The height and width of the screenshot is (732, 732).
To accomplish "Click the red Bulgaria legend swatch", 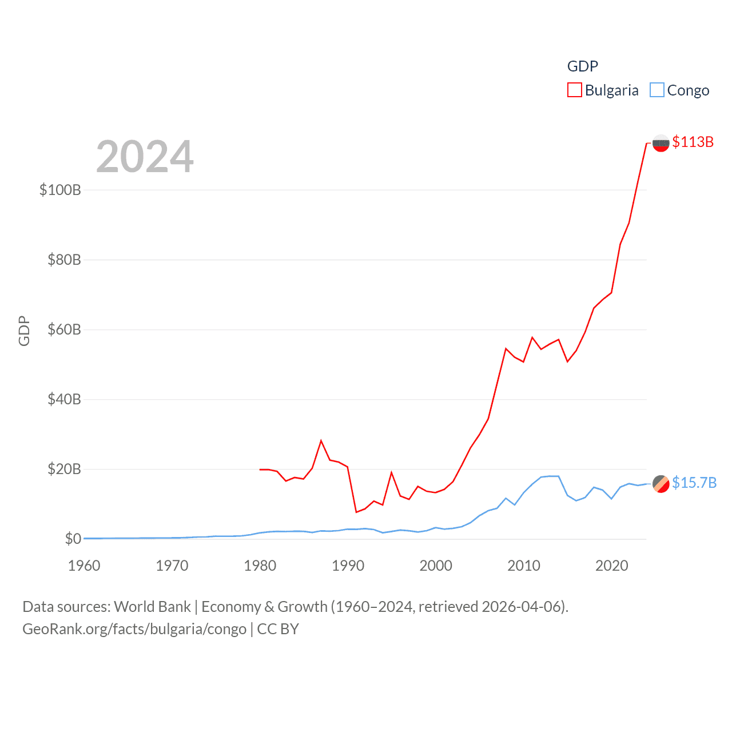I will [x=574, y=90].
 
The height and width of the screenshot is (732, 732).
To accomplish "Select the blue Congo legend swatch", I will [x=657, y=90].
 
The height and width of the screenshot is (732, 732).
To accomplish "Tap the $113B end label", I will [x=693, y=142].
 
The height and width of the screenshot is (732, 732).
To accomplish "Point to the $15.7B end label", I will [x=694, y=483].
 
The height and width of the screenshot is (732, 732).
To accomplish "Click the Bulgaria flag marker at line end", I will [x=661, y=143].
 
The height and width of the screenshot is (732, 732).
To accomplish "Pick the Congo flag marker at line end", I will [x=661, y=483].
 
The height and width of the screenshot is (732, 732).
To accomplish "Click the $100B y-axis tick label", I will [x=60, y=190].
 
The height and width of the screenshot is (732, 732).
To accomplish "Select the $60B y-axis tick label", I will [x=64, y=329].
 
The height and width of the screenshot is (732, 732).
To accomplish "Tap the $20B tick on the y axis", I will [x=64, y=470].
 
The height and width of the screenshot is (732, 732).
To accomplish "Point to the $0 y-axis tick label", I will [x=73, y=539].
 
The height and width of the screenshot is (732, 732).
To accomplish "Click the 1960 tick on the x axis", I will [x=84, y=566].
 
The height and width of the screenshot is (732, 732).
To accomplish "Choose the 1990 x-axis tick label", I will [x=348, y=566].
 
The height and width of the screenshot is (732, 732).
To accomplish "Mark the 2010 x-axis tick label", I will [x=524, y=566].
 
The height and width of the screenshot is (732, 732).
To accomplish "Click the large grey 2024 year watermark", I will [x=145, y=157].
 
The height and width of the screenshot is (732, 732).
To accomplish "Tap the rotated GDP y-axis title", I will [x=24, y=331].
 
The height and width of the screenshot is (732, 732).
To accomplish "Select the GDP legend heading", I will [x=582, y=66].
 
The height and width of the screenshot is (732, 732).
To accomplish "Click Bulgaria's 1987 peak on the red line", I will [x=321, y=440].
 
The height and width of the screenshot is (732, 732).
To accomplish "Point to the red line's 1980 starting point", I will [x=260, y=470].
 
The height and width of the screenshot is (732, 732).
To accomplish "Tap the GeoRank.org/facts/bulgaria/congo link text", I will [x=134, y=629].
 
